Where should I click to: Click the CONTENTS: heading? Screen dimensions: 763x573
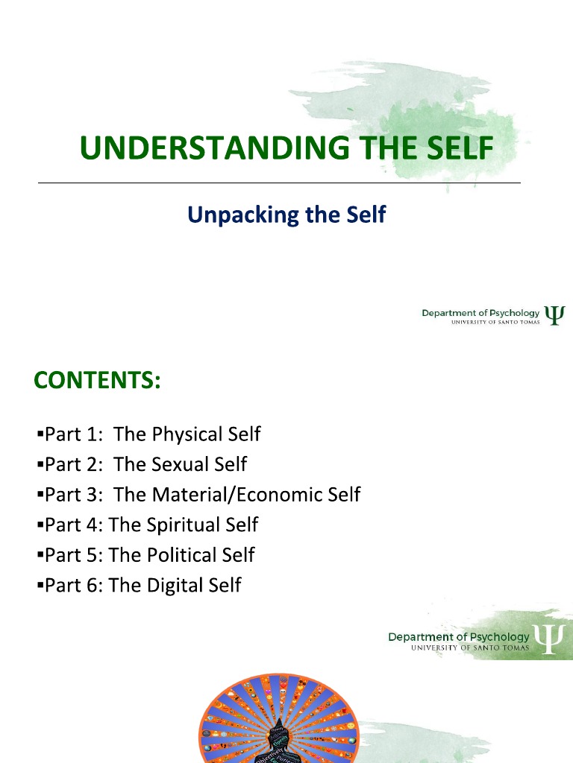pyautogui.click(x=97, y=381)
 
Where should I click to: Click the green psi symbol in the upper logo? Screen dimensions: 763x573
pyautogui.click(x=554, y=314)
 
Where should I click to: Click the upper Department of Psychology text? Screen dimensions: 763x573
pyautogui.click(x=480, y=313)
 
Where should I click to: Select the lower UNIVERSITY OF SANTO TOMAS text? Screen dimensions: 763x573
pyautogui.click(x=470, y=648)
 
